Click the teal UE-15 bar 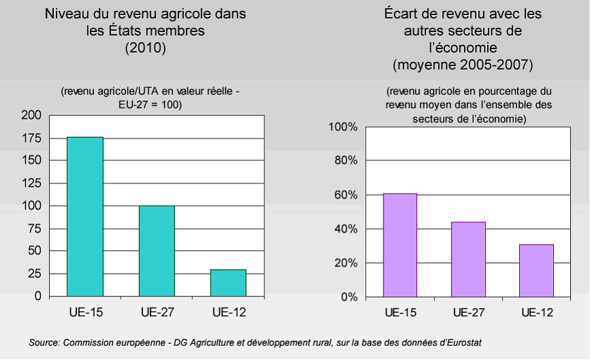point(85,217)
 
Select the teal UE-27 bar point(157,251)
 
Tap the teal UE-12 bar point(228,283)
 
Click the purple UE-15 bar point(400,245)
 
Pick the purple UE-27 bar point(468,259)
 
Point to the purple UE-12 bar point(536,271)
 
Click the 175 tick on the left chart point(31,138)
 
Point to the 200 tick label point(31,116)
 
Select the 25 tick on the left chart point(34,274)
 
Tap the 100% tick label point(343,127)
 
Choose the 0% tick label point(348,297)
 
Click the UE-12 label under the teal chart point(228,313)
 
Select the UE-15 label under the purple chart point(400,313)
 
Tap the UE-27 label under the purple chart point(468,313)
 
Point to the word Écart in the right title point(407,14)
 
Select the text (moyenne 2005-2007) point(463,65)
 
